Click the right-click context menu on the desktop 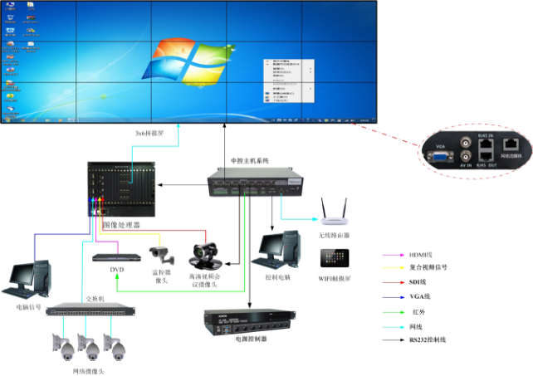click(287, 80)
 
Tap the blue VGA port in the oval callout click(438, 154)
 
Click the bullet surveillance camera click(161, 251)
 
